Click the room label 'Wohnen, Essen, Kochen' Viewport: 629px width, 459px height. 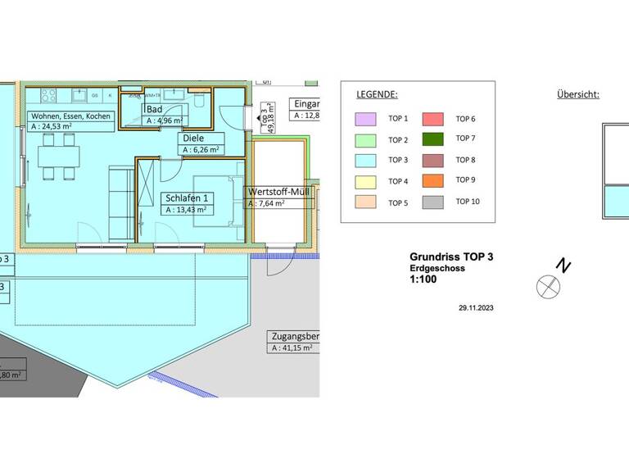pyautogui.click(x=70, y=116)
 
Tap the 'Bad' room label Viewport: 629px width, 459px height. pyautogui.click(x=154, y=109)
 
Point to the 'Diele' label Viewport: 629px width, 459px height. pyautogui.click(x=193, y=139)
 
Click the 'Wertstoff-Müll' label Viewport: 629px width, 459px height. pyautogui.click(x=278, y=193)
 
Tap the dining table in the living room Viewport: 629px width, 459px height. pyautogui.click(x=60, y=155)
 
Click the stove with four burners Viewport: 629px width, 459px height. pyautogui.click(x=40, y=94)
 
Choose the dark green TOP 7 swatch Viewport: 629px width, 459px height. pyautogui.click(x=433, y=139)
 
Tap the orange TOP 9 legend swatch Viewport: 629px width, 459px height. pyautogui.click(x=433, y=180)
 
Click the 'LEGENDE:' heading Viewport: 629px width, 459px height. pyautogui.click(x=376, y=94)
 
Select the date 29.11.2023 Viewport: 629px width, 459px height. pyautogui.click(x=477, y=308)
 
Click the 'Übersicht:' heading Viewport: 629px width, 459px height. pyautogui.click(x=577, y=94)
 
